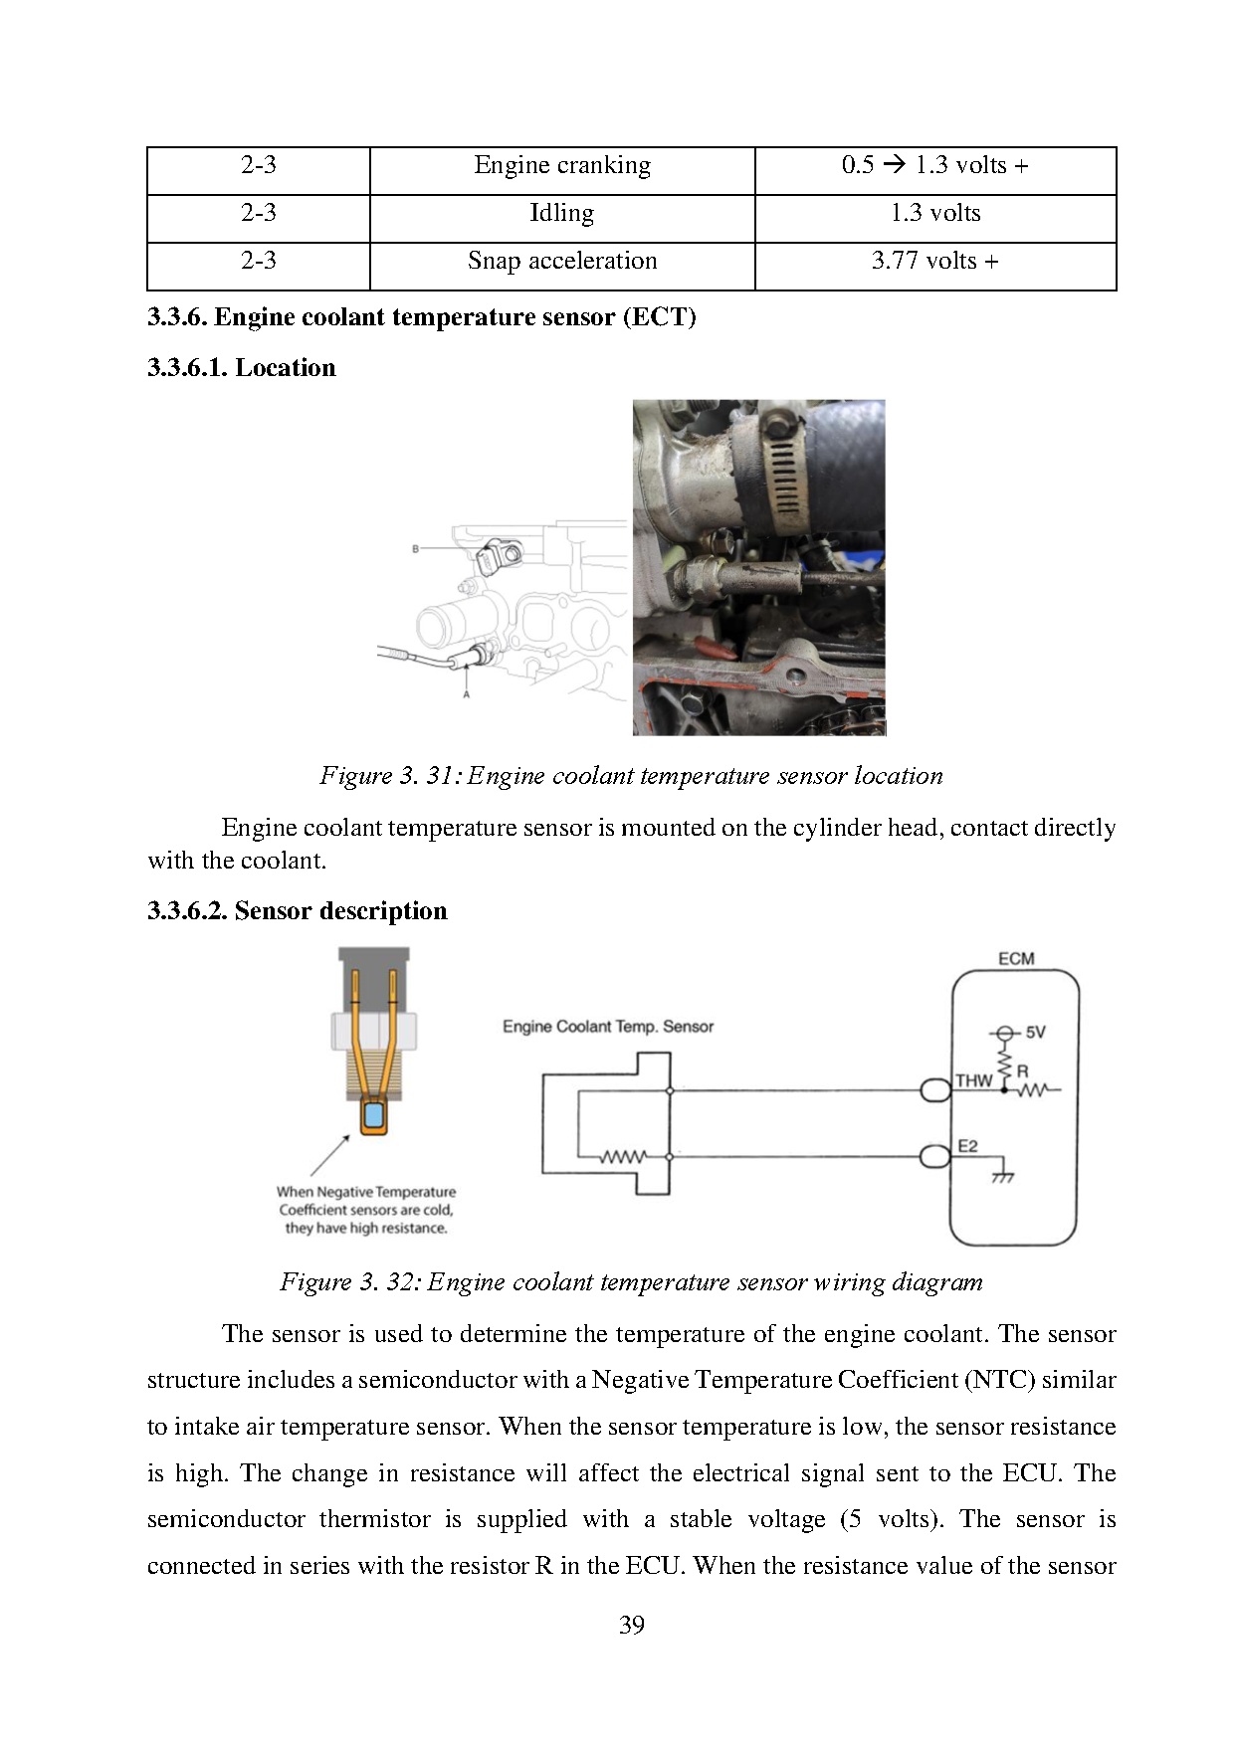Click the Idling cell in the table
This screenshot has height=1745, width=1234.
click(561, 214)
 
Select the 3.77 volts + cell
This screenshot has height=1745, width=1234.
click(934, 262)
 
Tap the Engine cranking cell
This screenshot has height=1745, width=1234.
click(561, 166)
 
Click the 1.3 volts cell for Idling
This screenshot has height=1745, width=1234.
click(934, 214)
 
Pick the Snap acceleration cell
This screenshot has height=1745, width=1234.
click(561, 262)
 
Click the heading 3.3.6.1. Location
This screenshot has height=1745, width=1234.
click(242, 368)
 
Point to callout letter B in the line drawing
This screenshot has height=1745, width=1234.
click(415, 548)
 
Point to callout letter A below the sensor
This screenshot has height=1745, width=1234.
click(466, 694)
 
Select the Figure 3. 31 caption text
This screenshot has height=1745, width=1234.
click(631, 776)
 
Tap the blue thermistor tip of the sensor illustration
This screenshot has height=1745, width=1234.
click(374, 1115)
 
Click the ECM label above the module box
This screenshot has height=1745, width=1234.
click(1015, 959)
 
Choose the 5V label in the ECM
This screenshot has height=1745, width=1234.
click(1035, 1033)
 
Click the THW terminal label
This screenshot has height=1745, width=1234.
click(973, 1080)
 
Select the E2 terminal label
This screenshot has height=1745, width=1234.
click(967, 1146)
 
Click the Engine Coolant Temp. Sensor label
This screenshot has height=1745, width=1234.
click(607, 1027)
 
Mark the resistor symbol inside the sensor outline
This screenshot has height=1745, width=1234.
click(623, 1157)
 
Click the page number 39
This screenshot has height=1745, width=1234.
click(631, 1625)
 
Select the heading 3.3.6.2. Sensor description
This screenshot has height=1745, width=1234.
click(298, 911)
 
